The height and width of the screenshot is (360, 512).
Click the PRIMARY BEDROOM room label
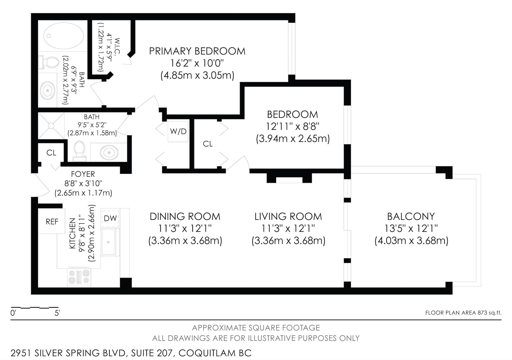click(x=197, y=51)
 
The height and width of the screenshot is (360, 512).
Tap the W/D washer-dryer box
click(x=178, y=131)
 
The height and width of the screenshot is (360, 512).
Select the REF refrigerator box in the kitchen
click(x=52, y=221)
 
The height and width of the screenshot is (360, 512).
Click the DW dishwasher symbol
click(x=110, y=218)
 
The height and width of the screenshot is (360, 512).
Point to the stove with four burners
click(x=79, y=277)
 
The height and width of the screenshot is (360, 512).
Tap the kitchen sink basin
click(x=108, y=242)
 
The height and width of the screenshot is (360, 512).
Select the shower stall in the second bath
click(x=51, y=126)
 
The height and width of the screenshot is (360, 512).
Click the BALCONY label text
click(x=411, y=216)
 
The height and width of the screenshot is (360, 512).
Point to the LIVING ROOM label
click(x=288, y=216)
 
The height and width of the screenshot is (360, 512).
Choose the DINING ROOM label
click(x=185, y=216)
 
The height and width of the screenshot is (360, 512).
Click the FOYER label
click(x=83, y=174)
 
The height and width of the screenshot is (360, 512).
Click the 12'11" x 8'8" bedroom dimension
click(x=292, y=126)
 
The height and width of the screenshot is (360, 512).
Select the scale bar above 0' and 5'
click(x=35, y=308)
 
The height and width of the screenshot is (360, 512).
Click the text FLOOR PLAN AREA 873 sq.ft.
click(x=463, y=313)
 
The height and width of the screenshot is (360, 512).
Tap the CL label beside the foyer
click(x=51, y=153)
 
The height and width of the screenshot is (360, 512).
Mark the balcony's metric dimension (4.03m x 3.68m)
click(x=411, y=241)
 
